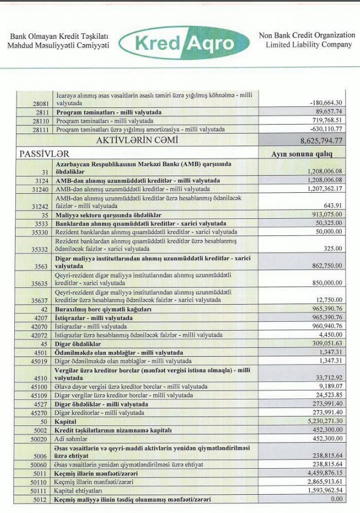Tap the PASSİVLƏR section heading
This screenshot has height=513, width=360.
tap(44, 153)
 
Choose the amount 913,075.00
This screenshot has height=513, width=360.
tap(322, 214)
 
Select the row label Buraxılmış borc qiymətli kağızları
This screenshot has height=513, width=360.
tap(103, 309)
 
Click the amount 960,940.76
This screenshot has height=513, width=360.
tap(322, 326)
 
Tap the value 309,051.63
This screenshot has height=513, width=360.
tap(322, 344)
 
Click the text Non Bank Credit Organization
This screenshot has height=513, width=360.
tap(307, 35)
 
